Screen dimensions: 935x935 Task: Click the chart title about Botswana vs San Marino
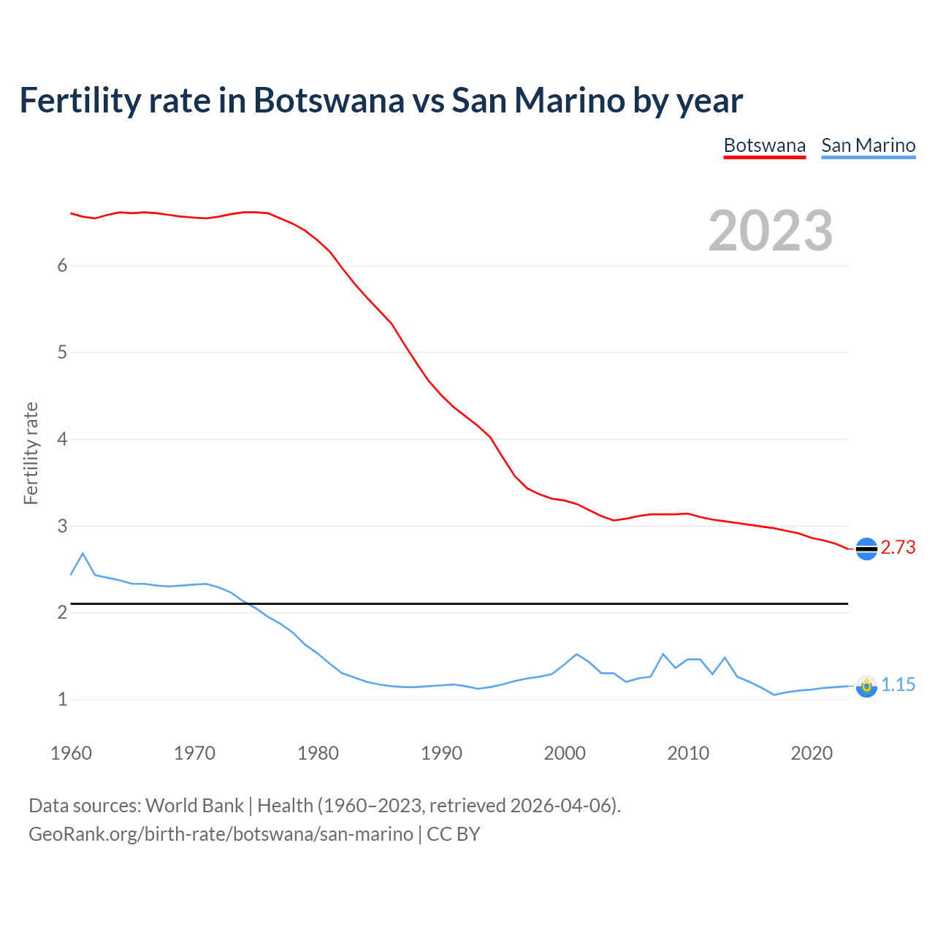point(381,100)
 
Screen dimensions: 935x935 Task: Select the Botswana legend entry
point(764,145)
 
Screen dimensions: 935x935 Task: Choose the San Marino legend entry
point(868,145)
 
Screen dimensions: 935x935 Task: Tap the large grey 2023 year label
point(770,231)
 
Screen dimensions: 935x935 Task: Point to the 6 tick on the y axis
point(62,266)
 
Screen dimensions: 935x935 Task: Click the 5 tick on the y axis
point(62,353)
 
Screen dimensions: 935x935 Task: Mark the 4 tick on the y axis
point(62,440)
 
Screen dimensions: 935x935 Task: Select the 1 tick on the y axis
point(62,700)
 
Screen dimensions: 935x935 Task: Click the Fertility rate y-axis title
point(31,453)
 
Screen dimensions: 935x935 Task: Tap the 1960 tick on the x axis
point(71,753)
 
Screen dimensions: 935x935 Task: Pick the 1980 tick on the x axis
point(318,753)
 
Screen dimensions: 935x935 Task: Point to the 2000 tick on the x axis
point(565,753)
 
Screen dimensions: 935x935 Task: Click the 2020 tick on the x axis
point(812,753)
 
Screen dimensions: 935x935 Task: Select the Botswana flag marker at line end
point(866,549)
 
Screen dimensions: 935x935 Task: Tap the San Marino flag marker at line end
point(866,686)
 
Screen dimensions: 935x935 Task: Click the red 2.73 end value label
point(898,548)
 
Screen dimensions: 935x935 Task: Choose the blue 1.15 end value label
point(898,685)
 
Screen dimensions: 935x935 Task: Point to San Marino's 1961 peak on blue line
point(83,554)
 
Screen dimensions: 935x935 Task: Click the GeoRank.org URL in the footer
point(221,834)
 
